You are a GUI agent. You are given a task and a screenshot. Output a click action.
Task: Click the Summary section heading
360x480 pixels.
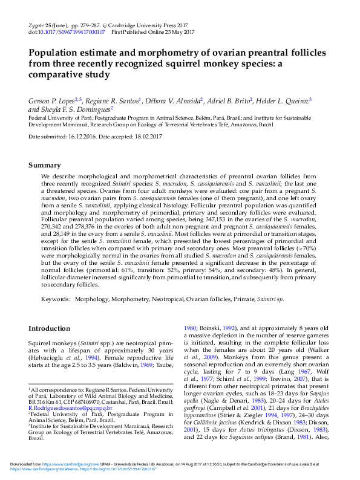pos(45,165)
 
